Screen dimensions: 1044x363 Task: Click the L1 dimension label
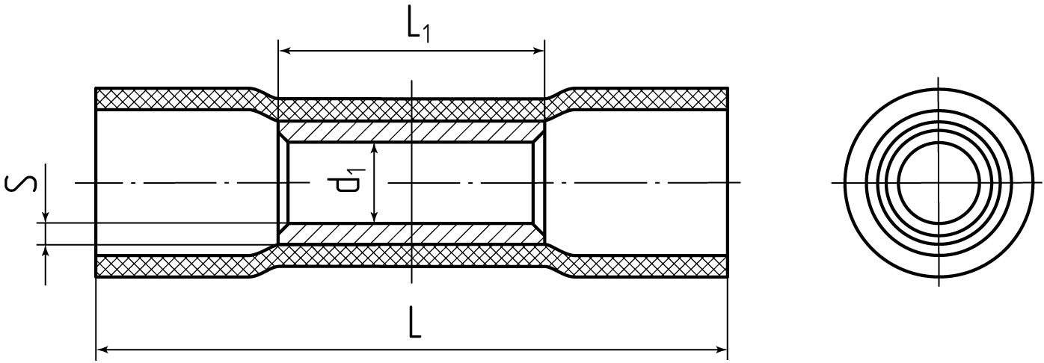pos(418,29)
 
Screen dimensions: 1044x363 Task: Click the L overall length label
pos(415,322)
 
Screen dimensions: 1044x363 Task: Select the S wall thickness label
pos(21,183)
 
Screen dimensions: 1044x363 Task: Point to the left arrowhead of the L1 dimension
pos(285,51)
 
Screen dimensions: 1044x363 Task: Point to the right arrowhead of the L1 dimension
pos(538,51)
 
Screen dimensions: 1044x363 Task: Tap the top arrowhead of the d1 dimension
pos(374,149)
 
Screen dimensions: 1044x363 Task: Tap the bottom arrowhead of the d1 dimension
pos(374,217)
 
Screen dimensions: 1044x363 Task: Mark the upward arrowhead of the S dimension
pos(45,251)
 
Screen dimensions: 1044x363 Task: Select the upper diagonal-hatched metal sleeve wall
pos(411,132)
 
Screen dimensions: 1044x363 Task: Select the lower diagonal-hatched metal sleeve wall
pos(411,234)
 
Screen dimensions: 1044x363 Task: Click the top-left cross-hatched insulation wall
pos(173,99)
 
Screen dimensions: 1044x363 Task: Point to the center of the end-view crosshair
pos(939,182)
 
